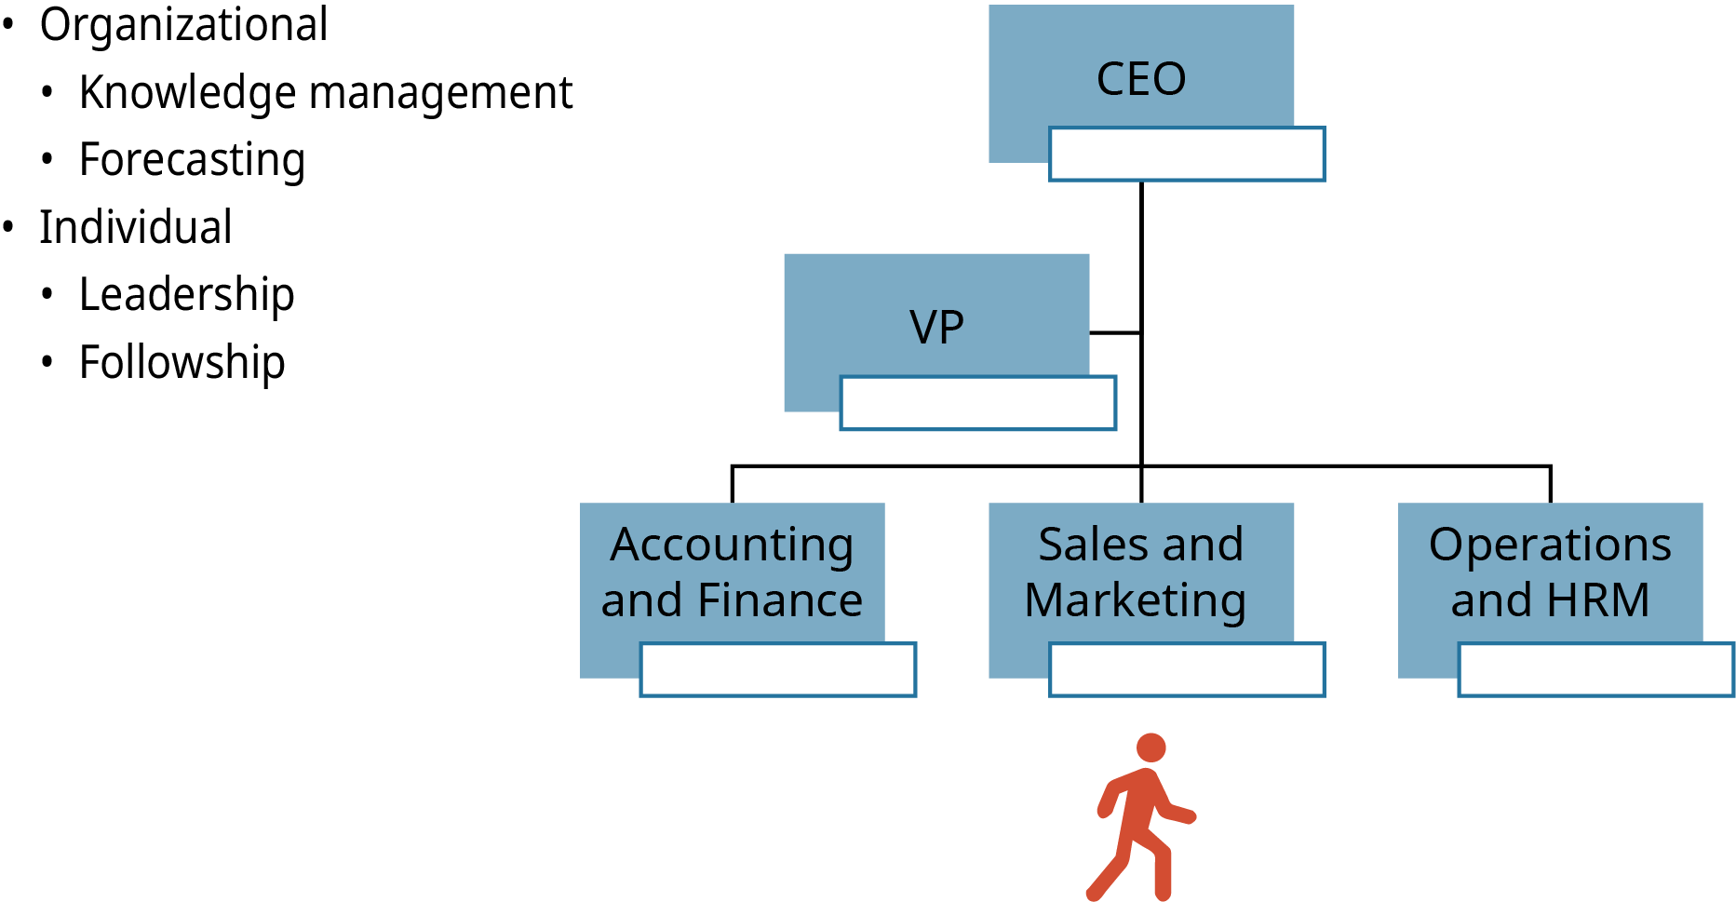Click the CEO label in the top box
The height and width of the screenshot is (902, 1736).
[1141, 79]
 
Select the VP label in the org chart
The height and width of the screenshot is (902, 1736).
[936, 328]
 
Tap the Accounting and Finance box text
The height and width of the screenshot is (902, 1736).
[732, 572]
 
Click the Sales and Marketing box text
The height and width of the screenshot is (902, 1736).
[1139, 572]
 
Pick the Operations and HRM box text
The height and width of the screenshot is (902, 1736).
[1550, 572]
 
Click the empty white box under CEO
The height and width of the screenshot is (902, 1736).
[1187, 155]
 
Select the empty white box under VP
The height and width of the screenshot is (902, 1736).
[977, 403]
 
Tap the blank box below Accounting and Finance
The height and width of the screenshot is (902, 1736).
[778, 669]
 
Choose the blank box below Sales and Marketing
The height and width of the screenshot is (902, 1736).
[1187, 669]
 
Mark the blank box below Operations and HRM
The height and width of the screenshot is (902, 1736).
[1595, 669]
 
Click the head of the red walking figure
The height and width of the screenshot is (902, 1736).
[1151, 747]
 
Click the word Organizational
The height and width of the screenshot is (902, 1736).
[183, 25]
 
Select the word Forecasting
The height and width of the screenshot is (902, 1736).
[192, 160]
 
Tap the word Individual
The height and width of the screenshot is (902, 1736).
[136, 228]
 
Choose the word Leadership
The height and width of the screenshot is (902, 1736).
[187, 295]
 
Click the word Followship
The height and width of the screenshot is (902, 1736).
[182, 362]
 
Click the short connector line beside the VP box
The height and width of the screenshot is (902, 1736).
[1115, 332]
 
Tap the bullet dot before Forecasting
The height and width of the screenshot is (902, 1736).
[47, 159]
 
